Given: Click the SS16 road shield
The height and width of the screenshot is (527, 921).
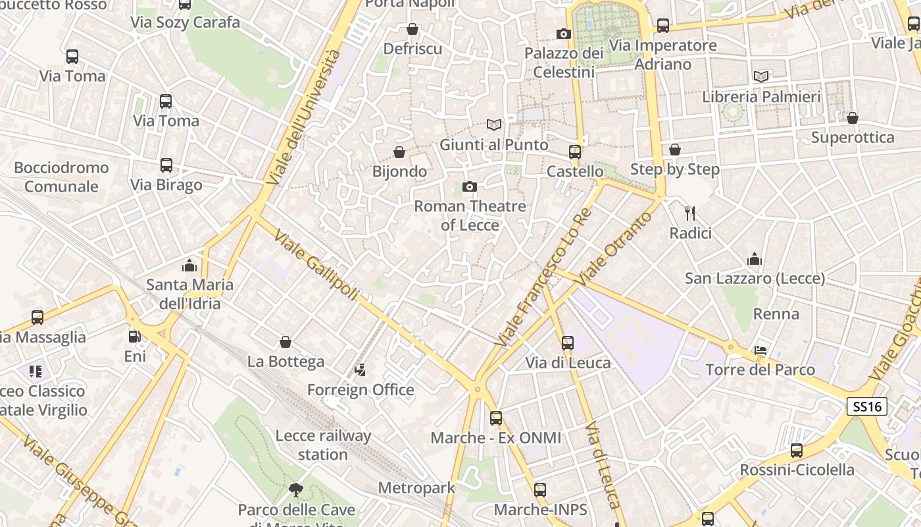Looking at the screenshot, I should point(866,406).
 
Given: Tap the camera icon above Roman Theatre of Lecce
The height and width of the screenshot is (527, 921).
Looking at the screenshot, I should point(469,187).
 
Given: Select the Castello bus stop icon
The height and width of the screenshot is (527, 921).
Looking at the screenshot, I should point(575,152).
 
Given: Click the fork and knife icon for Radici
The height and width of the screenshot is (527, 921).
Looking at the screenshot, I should point(690,213).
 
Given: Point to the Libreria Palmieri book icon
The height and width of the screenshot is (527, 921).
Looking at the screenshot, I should point(761,77).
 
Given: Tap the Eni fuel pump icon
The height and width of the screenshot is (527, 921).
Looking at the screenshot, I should point(134,337).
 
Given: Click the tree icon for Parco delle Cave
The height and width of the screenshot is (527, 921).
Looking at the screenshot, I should point(296,490).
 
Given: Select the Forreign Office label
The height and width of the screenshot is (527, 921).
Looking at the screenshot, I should point(361,389).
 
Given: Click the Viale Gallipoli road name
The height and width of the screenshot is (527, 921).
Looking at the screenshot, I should point(316,265).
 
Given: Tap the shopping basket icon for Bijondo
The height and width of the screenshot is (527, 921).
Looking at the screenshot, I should point(399,153).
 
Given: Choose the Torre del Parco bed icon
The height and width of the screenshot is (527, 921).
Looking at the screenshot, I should point(760,350).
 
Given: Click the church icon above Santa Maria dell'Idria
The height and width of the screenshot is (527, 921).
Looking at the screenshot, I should point(189,266).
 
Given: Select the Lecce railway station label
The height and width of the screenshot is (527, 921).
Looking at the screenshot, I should point(323,445).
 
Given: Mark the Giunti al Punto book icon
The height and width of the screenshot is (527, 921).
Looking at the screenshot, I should point(493,125).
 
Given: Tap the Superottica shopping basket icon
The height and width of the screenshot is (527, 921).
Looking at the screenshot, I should point(853,119).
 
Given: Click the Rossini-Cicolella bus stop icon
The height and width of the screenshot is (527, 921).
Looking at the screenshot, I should point(797,451).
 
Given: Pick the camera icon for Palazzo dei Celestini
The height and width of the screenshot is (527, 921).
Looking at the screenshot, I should point(564,34).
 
